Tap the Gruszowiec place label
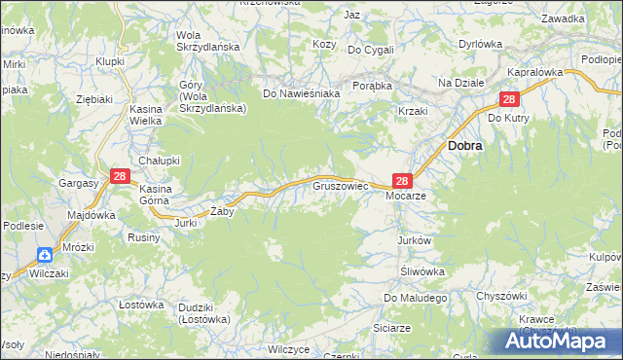339,183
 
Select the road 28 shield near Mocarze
403,180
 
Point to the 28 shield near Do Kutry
509,100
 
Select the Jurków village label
414,240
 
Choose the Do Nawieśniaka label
301,93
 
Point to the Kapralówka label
536,72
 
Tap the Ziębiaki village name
95,98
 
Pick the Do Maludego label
415,298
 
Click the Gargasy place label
78,183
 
